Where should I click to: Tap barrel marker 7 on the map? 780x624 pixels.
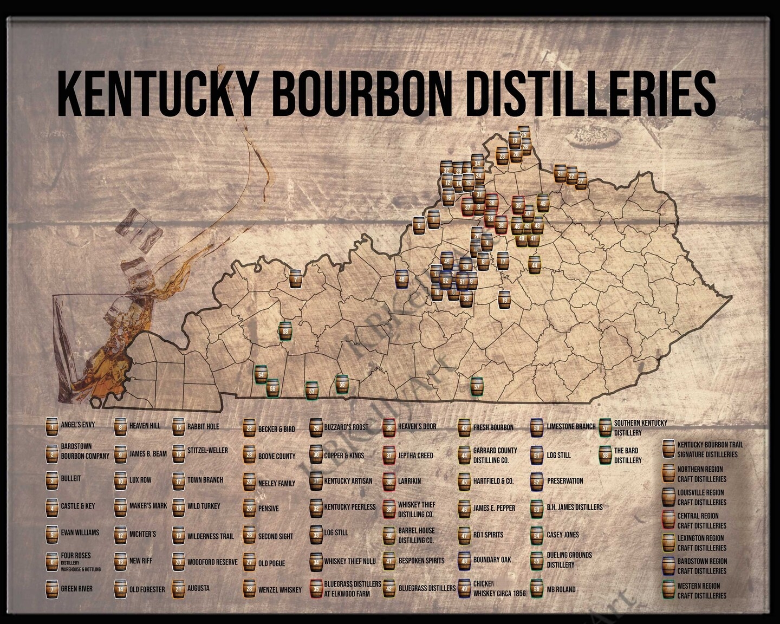coord(295,279)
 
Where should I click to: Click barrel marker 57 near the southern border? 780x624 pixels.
coord(476,387)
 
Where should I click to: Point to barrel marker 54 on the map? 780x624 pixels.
coord(261,374)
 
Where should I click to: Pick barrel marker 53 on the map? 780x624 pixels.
coord(311,390)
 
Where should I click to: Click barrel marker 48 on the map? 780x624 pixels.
coord(401,279)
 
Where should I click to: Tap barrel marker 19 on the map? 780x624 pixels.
coord(504,300)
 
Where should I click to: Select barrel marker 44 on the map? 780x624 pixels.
coord(535,265)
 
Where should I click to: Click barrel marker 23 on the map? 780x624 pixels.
coord(502,156)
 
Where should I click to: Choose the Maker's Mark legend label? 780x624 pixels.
coord(148,506)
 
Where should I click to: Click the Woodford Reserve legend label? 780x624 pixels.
coord(212,562)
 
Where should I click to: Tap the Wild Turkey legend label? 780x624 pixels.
coord(204,506)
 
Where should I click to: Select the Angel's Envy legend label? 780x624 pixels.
coord(77,425)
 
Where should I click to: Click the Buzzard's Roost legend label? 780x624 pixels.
coord(346,427)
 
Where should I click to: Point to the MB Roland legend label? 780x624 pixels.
coord(561,589)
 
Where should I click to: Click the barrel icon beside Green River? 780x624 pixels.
coord(52,589)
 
